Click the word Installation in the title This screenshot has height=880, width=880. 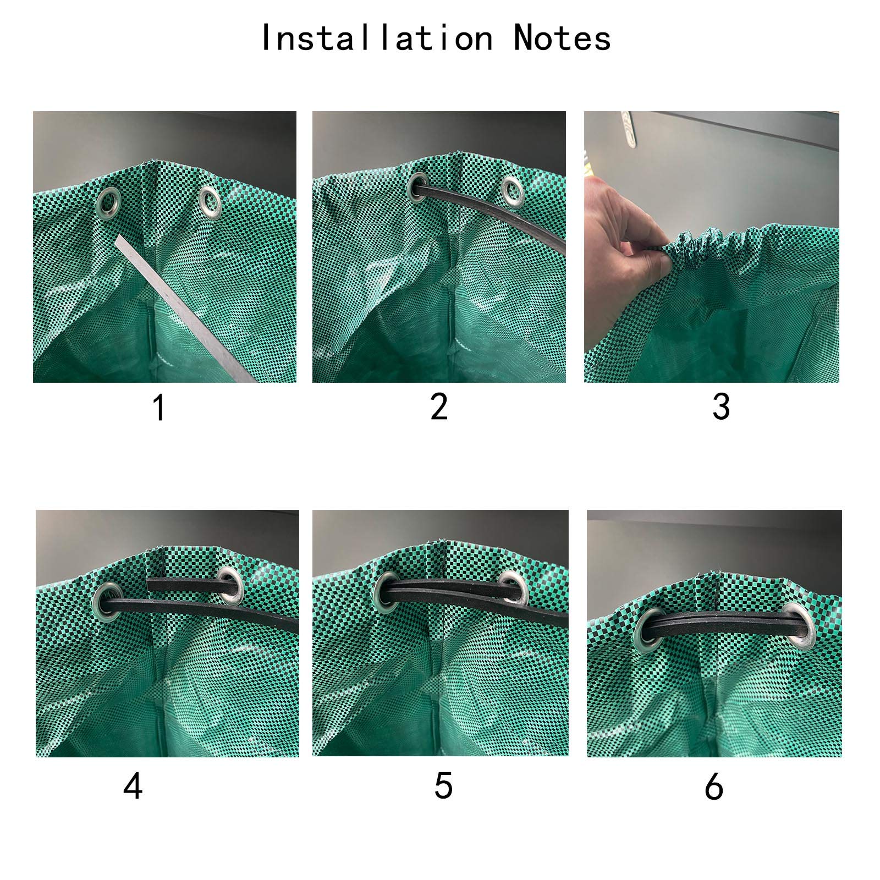pos(376,38)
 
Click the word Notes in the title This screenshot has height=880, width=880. pos(562,38)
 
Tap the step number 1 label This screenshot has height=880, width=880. pos(159,408)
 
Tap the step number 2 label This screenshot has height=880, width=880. pos(439,407)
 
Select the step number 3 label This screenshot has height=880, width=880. pos(721,407)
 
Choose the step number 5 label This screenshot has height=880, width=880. pos(443,786)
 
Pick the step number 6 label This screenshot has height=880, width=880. pos(713,787)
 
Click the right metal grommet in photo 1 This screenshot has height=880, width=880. pos(210,201)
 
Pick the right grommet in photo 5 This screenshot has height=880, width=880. pos(512,587)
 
